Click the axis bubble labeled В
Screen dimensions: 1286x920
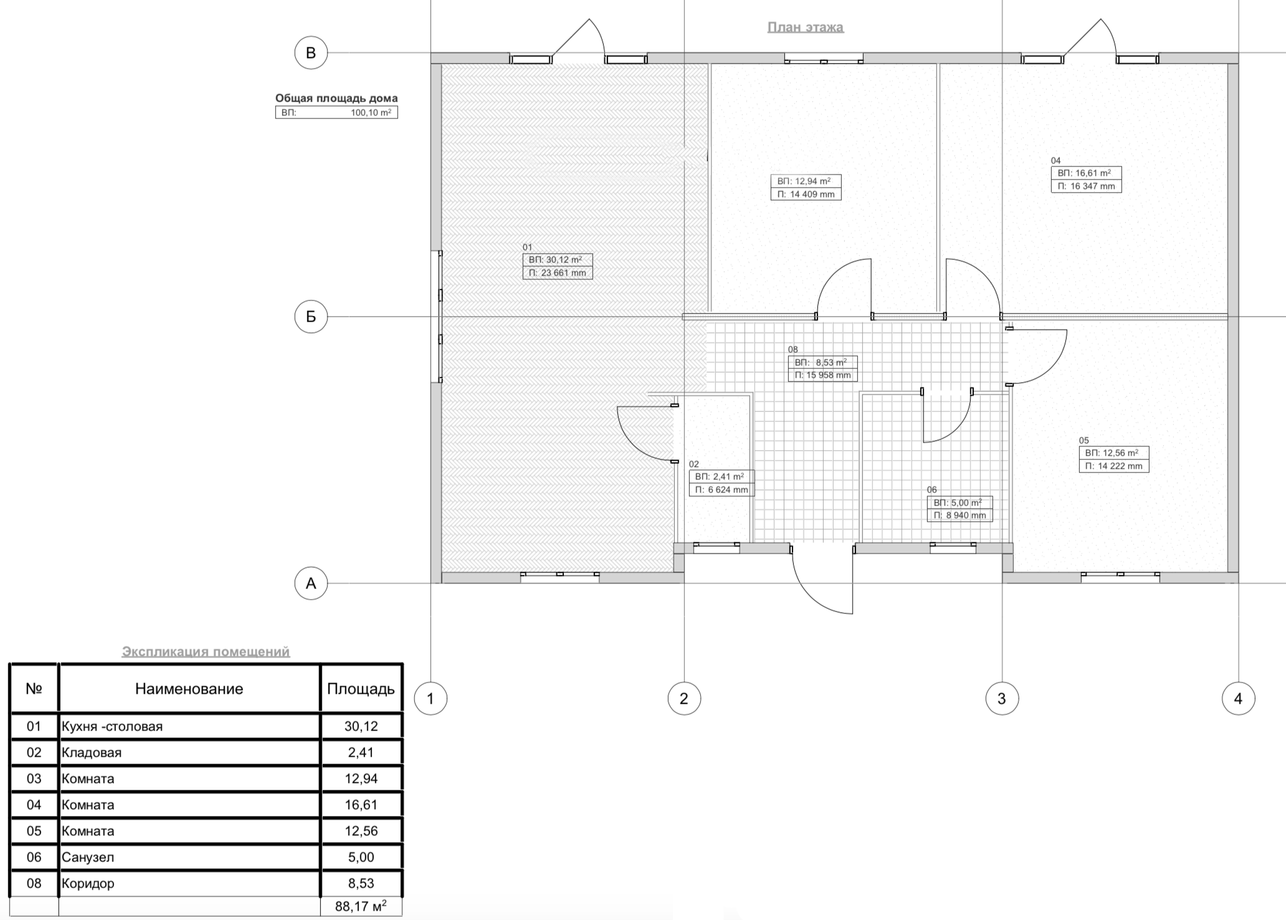[x=311, y=53]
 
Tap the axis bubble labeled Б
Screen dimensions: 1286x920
[x=311, y=317]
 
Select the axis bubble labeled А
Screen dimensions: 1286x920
[x=311, y=583]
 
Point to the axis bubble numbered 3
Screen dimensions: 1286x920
[x=1002, y=699]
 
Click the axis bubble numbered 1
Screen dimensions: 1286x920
[x=431, y=699]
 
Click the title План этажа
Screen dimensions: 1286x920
[x=806, y=27]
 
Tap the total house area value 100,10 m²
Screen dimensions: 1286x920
[x=371, y=113]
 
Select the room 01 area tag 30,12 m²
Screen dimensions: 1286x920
[x=558, y=260]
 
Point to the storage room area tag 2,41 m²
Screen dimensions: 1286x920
[x=722, y=477]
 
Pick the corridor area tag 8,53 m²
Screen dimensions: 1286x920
[x=822, y=362]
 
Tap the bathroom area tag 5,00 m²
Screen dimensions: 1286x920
[x=960, y=502]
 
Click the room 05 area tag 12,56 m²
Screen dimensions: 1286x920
[x=1114, y=453]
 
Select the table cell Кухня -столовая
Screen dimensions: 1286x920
[x=112, y=726]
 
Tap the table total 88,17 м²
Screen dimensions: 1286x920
[x=361, y=906]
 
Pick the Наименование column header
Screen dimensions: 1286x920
[x=189, y=689]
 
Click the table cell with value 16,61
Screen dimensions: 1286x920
[x=361, y=805]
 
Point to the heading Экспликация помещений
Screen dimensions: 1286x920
[x=206, y=651]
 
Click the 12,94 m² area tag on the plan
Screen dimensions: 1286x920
[x=806, y=181]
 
